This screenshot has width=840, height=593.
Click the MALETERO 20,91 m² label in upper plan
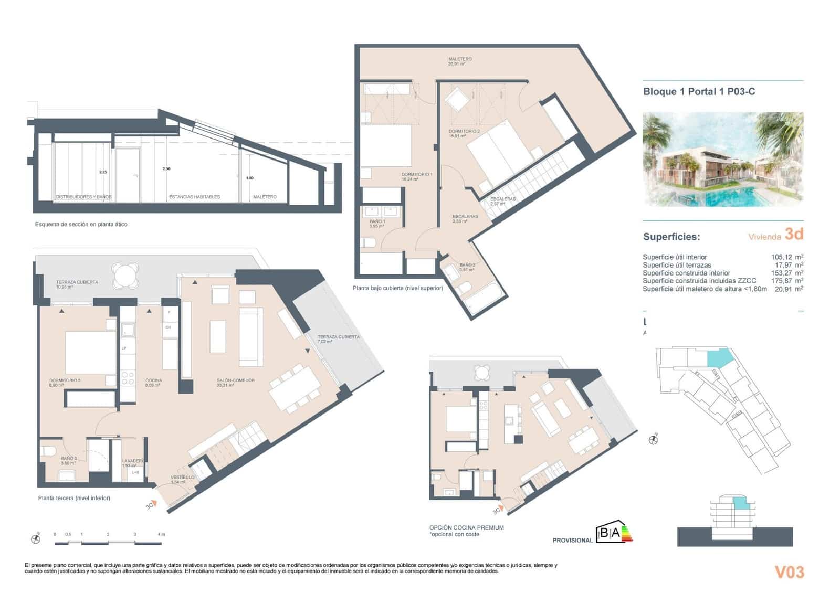coord(459,61)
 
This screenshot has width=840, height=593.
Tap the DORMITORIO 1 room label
coord(417,176)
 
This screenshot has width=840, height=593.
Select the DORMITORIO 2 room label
coord(464,133)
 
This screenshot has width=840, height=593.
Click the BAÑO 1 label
coord(376,224)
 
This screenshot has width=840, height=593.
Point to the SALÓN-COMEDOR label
coord(235,383)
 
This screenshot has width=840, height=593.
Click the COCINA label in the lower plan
coord(153,383)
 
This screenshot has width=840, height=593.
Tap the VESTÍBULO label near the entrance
coord(182,479)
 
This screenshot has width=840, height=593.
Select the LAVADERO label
coord(133,463)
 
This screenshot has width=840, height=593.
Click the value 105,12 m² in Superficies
coord(783,257)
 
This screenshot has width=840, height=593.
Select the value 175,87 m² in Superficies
coord(783,281)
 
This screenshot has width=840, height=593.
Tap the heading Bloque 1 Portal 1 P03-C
coord(699,91)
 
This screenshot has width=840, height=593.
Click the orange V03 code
coord(789,572)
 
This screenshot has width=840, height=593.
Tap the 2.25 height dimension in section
coord(103,172)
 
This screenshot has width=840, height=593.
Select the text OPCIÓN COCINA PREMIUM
coord(466,527)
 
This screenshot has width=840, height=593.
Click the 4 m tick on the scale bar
coord(161,534)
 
